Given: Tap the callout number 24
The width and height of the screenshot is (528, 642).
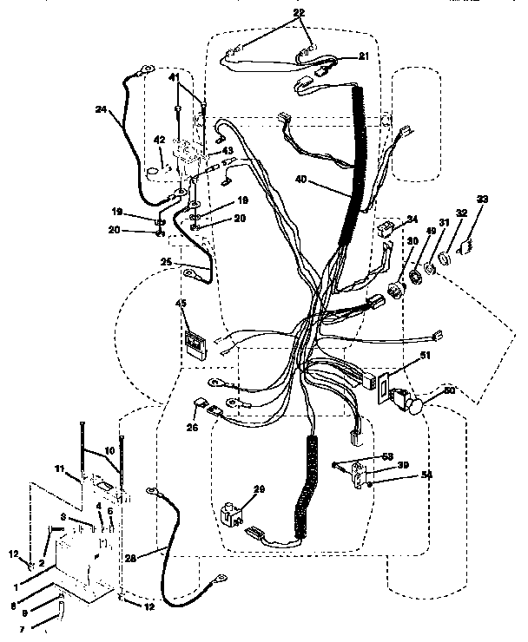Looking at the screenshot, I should (x=102, y=109).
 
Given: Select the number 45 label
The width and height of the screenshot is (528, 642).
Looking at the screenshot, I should (x=181, y=303).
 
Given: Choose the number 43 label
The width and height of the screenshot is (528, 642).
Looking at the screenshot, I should (x=228, y=151).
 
